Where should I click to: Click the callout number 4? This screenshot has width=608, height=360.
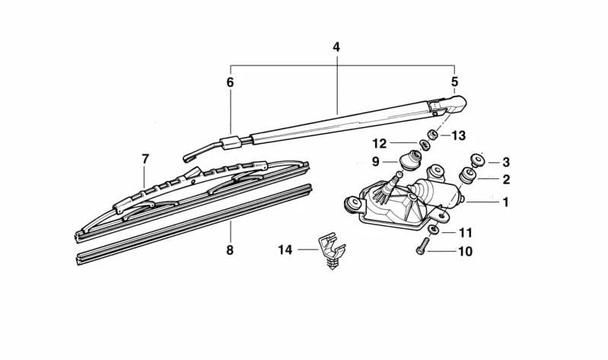click(336, 47)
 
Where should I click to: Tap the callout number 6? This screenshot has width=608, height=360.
click(231, 82)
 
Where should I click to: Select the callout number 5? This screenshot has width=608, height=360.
click(454, 82)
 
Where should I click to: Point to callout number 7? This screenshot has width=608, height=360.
click(145, 158)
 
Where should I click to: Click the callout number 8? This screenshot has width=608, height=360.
click(230, 250)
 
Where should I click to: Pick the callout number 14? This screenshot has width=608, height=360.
click(285, 250)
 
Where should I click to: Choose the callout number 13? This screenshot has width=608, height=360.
click(458, 135)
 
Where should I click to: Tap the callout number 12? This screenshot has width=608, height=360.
click(380, 144)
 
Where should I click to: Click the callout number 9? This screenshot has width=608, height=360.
click(375, 162)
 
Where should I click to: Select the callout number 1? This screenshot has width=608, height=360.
click(505, 202)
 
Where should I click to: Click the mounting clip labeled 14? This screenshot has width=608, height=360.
click(332, 250)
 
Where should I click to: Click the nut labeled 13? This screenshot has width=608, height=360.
click(433, 135)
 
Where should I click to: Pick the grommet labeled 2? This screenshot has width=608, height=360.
click(467, 175)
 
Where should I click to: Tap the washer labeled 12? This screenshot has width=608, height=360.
click(425, 145)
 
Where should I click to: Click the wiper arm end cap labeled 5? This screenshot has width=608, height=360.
click(448, 105)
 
